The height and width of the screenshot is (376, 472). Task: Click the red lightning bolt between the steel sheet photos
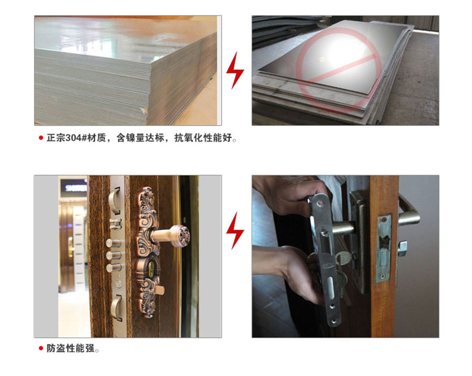pyautogui.click(x=235, y=70)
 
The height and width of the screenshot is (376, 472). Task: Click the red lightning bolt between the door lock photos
pyautogui.click(x=235, y=231)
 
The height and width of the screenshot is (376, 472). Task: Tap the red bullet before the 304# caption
pyautogui.click(x=41, y=138)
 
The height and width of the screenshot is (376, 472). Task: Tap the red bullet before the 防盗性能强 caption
pyautogui.click(x=41, y=348)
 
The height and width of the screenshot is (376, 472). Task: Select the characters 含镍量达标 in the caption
pyautogui.click(x=140, y=138)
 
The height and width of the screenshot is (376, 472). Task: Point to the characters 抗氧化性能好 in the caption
pyautogui.click(x=203, y=138)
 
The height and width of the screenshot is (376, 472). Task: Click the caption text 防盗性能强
pyautogui.click(x=70, y=348)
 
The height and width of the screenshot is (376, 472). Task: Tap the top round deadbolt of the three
pyautogui.click(x=113, y=243)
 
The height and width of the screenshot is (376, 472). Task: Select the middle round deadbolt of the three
pyautogui.click(x=113, y=255)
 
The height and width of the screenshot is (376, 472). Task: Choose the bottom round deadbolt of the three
pyautogui.click(x=113, y=267)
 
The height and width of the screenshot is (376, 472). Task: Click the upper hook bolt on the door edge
pyautogui.click(x=115, y=197)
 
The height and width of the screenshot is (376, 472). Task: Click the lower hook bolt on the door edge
pyautogui.click(x=116, y=308)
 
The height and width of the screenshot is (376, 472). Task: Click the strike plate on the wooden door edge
pyautogui.click(x=383, y=249)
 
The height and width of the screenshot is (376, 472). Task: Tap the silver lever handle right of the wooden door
pyautogui.click(x=409, y=213)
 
